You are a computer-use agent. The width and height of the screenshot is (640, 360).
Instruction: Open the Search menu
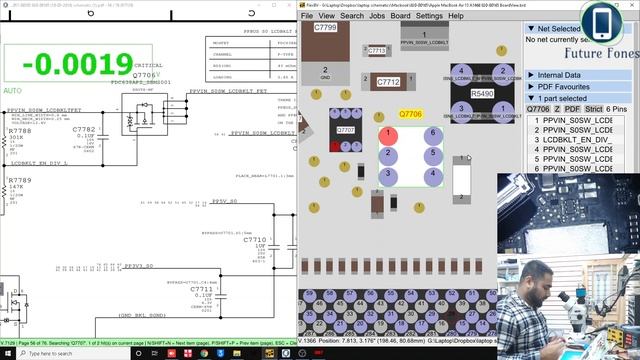pos(352,16)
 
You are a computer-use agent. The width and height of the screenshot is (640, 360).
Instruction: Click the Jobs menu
pos(377,16)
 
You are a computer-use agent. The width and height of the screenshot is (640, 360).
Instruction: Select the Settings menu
pos(429,16)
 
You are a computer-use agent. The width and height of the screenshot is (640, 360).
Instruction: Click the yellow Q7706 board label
pos(411,116)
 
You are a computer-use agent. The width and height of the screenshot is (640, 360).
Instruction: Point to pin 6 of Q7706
pos(433,134)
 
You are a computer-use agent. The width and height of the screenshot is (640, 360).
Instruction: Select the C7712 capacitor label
pos(388,82)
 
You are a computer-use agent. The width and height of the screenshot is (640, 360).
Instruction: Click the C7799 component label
pos(325,28)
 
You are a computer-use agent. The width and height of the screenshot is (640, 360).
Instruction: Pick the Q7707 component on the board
pos(346,130)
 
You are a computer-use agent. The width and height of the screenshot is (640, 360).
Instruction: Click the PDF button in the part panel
pos(571,109)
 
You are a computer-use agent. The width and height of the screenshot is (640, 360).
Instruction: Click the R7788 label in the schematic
pos(20,131)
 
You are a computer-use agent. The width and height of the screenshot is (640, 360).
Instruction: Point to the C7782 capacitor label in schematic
pos(84,129)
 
